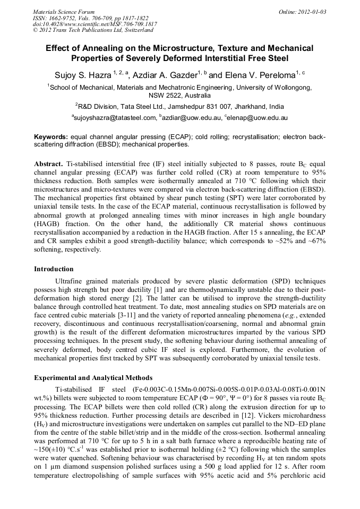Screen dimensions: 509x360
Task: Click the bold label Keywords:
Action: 52,136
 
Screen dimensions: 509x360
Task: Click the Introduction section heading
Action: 54,269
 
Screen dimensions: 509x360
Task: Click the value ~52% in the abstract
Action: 272,241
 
